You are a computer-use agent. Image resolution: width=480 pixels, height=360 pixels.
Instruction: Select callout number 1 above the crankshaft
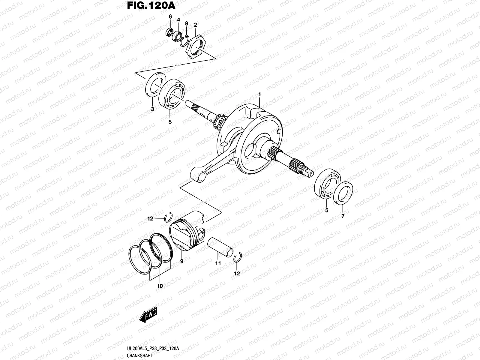click(259, 95)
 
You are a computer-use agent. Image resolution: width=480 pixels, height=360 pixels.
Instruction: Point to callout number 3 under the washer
click(152, 109)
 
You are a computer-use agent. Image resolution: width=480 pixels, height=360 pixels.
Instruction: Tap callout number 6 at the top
click(170, 17)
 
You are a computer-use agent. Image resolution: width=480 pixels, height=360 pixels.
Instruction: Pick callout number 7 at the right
click(343, 216)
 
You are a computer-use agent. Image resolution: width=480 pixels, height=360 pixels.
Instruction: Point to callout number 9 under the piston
click(182, 261)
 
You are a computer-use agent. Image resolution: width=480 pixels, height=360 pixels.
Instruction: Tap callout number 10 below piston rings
click(160, 286)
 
